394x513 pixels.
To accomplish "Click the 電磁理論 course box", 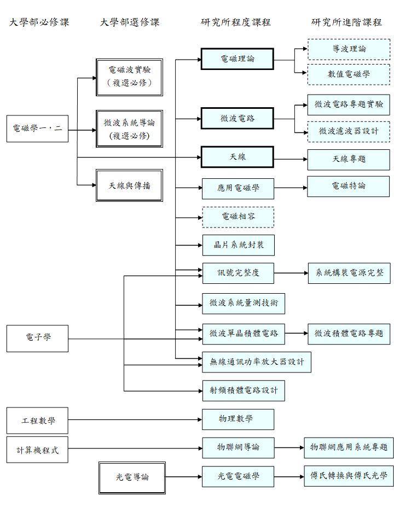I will pyautogui.click(x=237, y=59).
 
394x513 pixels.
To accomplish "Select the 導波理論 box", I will pyautogui.click(x=349, y=49).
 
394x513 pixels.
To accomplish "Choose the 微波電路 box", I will pyautogui.click(x=237, y=119).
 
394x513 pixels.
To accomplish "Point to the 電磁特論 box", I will pyautogui.click(x=349, y=186).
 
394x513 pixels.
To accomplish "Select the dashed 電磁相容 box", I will pyautogui.click(x=237, y=217).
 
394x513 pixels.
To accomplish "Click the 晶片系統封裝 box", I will pyautogui.click(x=237, y=245).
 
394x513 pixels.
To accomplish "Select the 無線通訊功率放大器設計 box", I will pyautogui.click(x=256, y=362).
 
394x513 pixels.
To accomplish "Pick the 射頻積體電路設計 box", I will pyautogui.click(x=243, y=390).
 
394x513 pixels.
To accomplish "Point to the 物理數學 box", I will pyautogui.click(x=237, y=419).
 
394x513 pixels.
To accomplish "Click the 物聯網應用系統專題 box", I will pyautogui.click(x=349, y=447).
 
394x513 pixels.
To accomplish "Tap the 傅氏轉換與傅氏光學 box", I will pyautogui.click(x=349, y=476).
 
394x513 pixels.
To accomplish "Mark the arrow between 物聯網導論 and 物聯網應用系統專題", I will pyautogui.click(x=289, y=447).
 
